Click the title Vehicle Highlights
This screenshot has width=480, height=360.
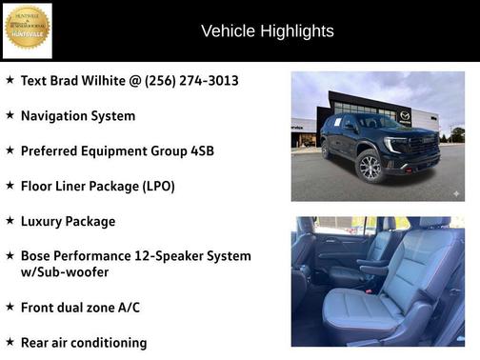pos(268,31)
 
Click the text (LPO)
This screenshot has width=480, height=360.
pos(154,187)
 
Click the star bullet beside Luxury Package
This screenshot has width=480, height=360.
pos(10,221)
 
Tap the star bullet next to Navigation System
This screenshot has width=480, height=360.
pos(10,115)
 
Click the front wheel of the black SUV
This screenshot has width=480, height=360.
pos(369,168)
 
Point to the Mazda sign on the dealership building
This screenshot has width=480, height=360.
pos(405,115)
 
